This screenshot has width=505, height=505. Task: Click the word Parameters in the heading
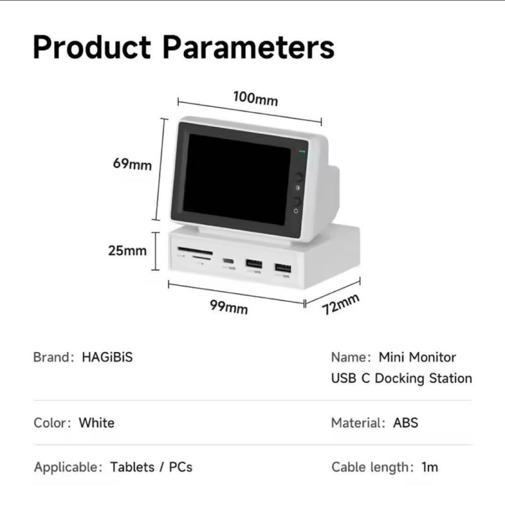pos(248,47)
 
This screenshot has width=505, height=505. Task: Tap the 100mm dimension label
pos(255,99)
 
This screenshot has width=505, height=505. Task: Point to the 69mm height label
pos(132,164)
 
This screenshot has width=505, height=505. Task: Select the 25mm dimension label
pos(127,251)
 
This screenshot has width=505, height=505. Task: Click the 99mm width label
pos(229,307)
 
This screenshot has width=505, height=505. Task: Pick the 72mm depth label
pos(341,304)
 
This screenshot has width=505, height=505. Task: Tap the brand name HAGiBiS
pos(107,357)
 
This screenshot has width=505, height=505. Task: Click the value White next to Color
pos(96,423)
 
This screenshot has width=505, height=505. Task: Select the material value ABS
pos(405,423)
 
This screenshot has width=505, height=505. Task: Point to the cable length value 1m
pos(430,467)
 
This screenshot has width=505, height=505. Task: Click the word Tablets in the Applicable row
pos(132,467)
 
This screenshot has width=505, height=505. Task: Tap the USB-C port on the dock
pos(228,260)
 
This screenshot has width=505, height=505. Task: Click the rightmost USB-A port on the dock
pos(283,268)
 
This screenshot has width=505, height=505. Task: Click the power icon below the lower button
pos(296,210)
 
